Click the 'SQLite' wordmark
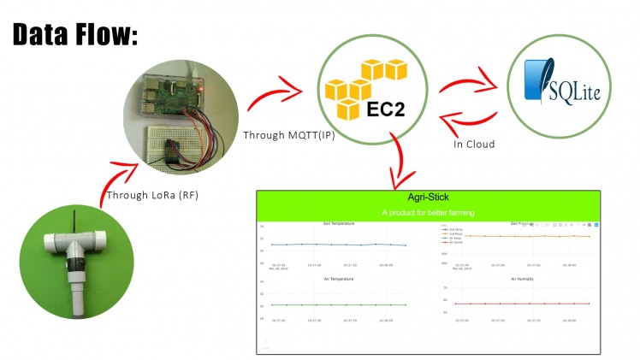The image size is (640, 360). pyautogui.click(x=574, y=87)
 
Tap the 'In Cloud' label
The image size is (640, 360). pyautogui.click(x=474, y=144)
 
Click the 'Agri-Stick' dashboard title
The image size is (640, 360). pyautogui.click(x=429, y=198)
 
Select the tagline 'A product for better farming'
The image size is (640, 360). pyautogui.click(x=429, y=212)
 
